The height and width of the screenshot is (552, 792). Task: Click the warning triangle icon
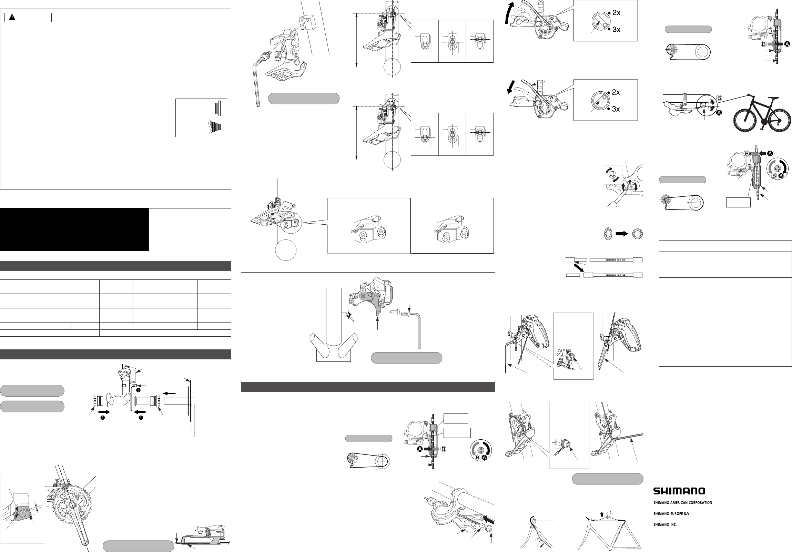coord(12,18)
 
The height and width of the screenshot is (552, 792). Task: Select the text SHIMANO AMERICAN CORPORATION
coord(682,503)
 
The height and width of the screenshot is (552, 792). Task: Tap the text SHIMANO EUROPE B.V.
coord(671,514)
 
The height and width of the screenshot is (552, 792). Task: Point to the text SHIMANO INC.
coord(665,525)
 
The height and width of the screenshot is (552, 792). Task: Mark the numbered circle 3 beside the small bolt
coord(138,390)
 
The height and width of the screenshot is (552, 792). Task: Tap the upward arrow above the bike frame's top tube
coord(602,515)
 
